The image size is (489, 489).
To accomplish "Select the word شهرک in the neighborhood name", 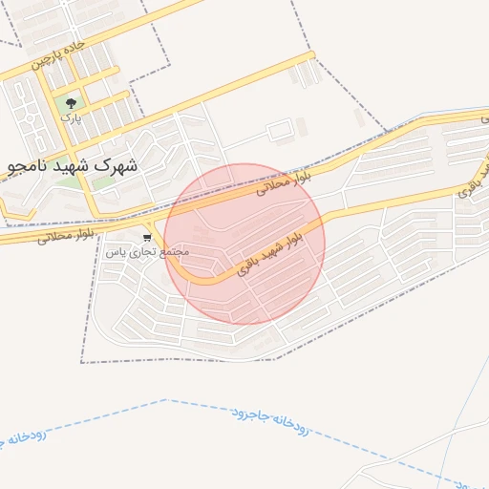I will point(117,164).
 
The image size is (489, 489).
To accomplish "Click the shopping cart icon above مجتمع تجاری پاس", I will point(147,237).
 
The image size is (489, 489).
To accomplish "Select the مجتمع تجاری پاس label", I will point(147,251).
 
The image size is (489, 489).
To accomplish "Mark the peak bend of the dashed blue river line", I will point(166,399).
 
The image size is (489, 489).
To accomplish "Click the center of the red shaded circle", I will point(244,244).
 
